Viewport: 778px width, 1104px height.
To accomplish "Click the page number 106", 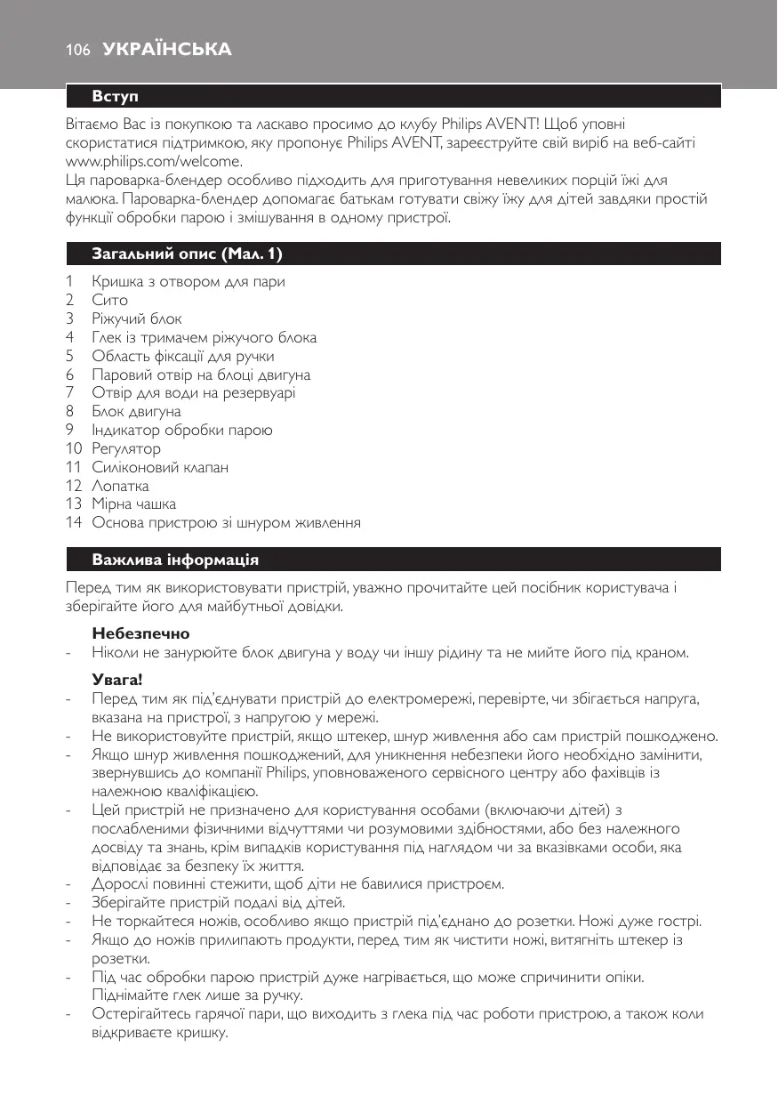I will point(77,51).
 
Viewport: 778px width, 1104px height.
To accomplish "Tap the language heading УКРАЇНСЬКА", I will point(167,51).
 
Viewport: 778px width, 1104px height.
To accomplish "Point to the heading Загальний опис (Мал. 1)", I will point(187,254).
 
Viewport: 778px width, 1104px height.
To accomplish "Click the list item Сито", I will point(110,300).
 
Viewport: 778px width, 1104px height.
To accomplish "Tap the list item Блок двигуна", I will point(136,412).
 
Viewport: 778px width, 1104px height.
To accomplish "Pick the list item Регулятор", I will point(126,449).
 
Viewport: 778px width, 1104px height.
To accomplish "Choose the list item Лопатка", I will point(121,487).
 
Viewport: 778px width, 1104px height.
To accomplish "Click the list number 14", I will point(74,523).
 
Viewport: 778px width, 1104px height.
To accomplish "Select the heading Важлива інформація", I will point(175,560).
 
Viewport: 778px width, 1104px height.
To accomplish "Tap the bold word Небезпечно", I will point(140,634).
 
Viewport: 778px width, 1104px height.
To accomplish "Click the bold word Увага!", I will point(117,681).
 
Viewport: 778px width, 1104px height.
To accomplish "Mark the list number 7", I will point(70,393).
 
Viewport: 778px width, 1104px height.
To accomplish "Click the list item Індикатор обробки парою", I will point(182,431).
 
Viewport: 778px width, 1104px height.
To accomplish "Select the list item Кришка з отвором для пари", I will point(188,282).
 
